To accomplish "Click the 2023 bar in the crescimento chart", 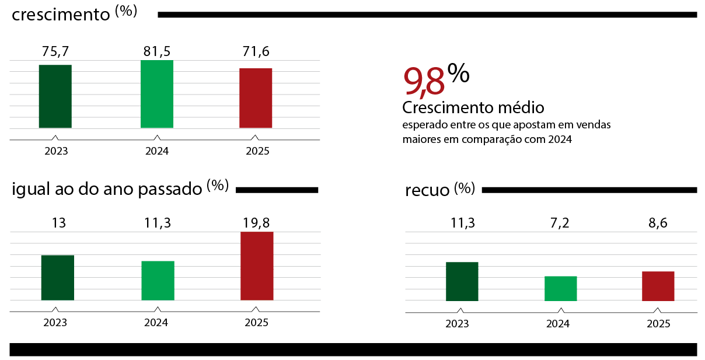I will coord(55,96).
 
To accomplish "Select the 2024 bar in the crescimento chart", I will coord(157,94).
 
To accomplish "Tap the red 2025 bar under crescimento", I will coord(256,98).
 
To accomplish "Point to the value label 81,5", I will coord(157,51).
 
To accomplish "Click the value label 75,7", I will coord(55,51).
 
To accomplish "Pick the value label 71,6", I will coord(256,51).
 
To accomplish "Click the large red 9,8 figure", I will coord(424,82).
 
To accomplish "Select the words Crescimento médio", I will coord(473,108).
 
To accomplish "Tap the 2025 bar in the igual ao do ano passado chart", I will coord(257,266).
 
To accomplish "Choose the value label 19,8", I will coord(257,222).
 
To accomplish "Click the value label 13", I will coord(57,222).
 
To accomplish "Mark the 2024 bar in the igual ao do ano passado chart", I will coord(158,281).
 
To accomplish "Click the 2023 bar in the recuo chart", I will coord(462,282).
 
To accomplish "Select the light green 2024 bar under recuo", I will coord(560,289).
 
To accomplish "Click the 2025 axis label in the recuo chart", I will coord(658,324).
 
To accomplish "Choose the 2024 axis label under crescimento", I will coord(157,151).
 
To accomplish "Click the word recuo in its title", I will coord(427,190).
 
